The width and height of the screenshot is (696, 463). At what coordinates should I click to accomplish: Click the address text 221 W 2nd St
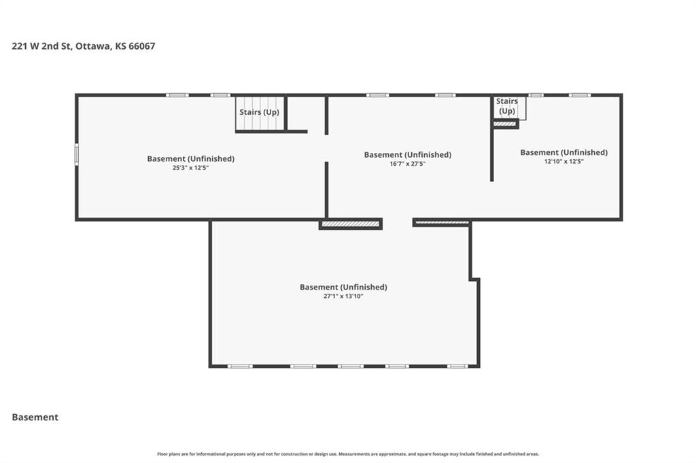tap(41, 46)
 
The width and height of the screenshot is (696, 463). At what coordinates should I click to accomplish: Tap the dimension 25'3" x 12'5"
tap(190, 168)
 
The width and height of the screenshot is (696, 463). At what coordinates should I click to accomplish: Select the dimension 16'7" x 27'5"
tap(408, 164)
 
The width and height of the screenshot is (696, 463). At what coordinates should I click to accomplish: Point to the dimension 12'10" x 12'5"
tap(563, 162)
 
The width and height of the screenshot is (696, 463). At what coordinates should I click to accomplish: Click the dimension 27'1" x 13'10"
tap(343, 296)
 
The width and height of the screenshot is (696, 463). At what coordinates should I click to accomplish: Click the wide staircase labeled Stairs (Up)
tap(260, 113)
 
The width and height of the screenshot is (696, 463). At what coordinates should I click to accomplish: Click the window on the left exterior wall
tap(76, 154)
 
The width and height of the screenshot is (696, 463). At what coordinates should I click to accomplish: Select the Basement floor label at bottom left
tap(35, 417)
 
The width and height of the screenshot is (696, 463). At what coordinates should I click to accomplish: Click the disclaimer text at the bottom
tap(348, 454)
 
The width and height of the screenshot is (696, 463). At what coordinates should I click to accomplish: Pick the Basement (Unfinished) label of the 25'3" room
tap(191, 159)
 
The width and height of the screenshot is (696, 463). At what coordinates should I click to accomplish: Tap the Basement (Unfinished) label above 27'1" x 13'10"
tap(343, 287)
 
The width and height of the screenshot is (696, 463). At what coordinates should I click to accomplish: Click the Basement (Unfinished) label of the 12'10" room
tap(563, 153)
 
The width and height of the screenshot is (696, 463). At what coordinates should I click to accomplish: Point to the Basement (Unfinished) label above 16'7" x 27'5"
tap(408, 155)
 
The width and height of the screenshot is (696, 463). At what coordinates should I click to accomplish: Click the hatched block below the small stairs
tap(505, 124)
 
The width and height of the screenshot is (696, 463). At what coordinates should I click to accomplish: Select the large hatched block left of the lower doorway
tap(351, 224)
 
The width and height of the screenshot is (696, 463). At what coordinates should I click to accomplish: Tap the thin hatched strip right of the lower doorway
tap(442, 222)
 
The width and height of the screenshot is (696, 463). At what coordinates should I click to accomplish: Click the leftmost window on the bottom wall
tap(240, 366)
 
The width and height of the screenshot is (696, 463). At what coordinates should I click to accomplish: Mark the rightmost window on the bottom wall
tap(457, 366)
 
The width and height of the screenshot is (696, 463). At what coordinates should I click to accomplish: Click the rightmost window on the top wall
tap(580, 95)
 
